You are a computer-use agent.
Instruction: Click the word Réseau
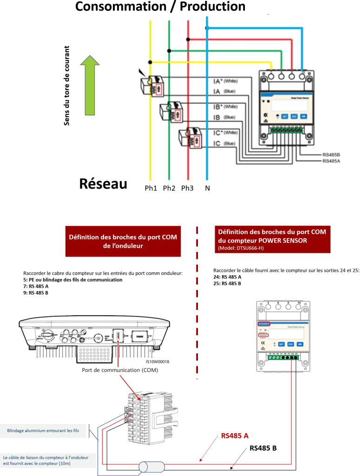tap(103, 184)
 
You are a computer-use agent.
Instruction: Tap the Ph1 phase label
tap(151, 188)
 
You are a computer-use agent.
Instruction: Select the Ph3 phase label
tap(187, 188)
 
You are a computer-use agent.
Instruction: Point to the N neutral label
tap(207, 188)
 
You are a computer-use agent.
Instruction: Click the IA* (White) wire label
tap(225, 81)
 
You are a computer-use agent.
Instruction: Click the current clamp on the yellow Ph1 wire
tap(152, 86)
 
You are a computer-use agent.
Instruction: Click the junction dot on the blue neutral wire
tap(207, 28)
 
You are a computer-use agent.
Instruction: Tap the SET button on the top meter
tap(284, 116)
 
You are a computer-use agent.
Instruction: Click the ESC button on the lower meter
tap(290, 344)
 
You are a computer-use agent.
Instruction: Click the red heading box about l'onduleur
tap(123, 241)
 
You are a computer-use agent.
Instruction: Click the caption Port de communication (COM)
tap(120, 370)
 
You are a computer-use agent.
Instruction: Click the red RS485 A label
tap(235, 436)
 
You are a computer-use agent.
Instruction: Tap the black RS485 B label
tap(263, 448)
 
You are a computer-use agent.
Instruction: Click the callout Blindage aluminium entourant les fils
tap(43, 431)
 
